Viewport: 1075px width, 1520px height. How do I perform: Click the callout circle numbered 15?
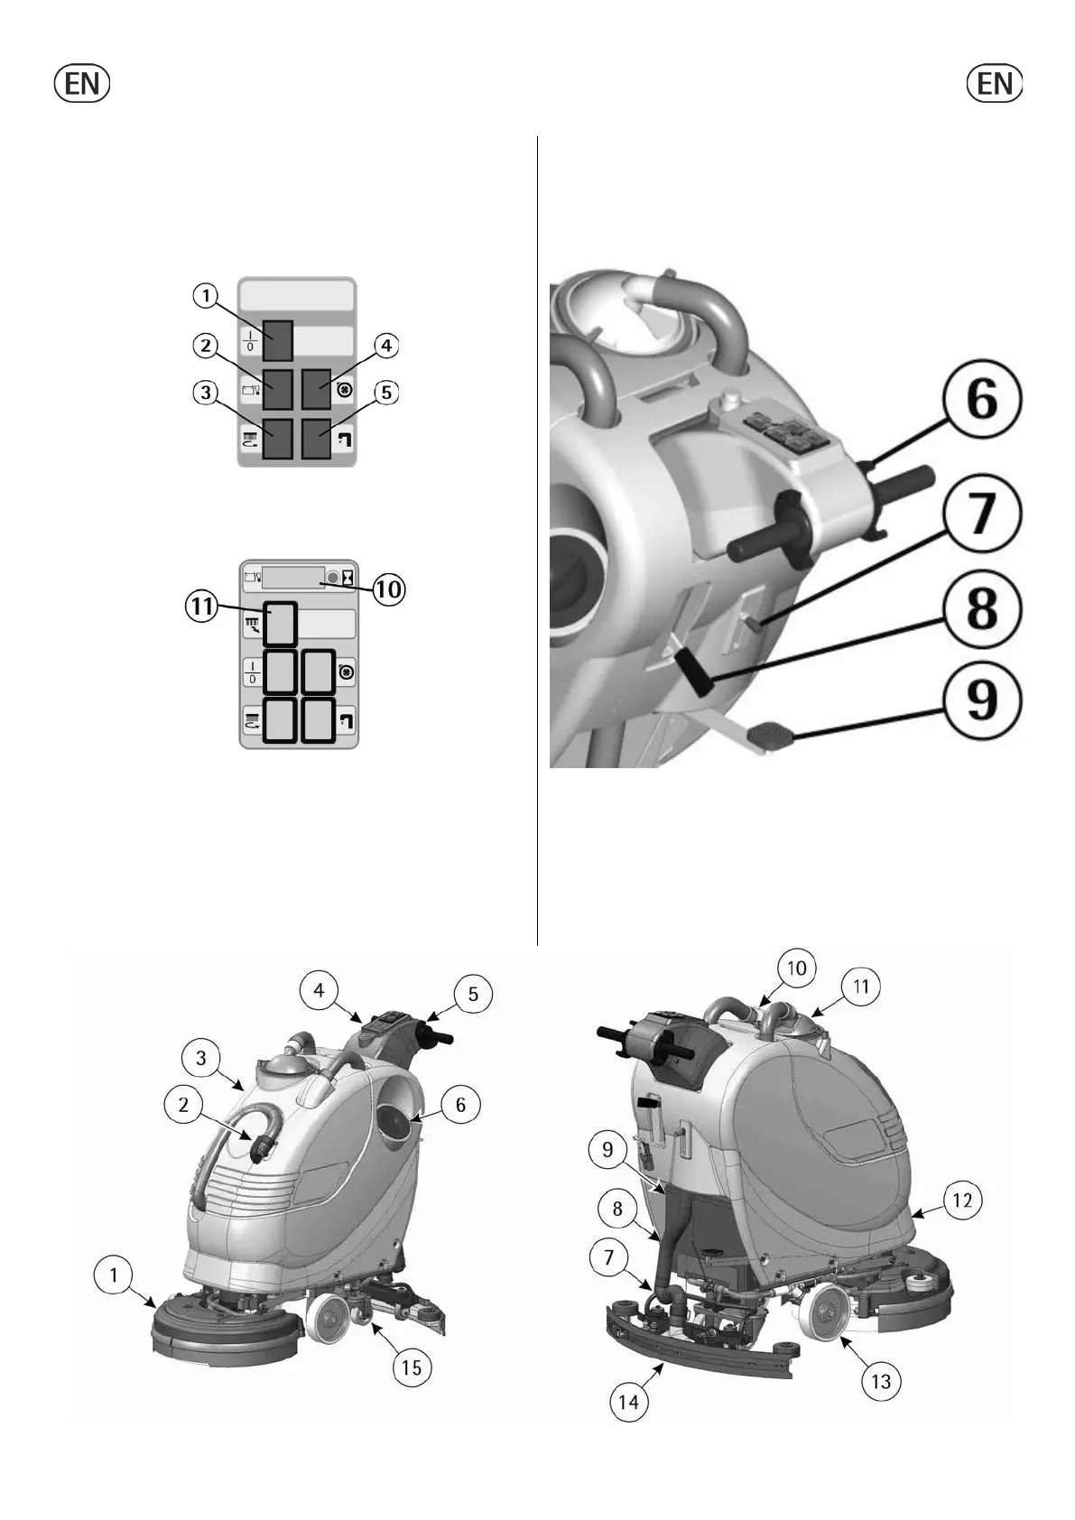pos(411,1367)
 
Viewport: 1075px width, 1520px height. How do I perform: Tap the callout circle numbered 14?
pos(628,1401)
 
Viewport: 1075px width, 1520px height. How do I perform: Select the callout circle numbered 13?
pos(880,1381)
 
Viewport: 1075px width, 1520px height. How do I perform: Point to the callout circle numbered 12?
pos(962,1200)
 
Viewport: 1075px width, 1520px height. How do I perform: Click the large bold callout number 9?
pos(982,701)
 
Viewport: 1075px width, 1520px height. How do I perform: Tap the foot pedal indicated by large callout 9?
pos(767,733)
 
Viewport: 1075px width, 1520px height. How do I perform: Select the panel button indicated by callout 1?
pos(278,340)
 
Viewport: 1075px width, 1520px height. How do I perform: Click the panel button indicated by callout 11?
pos(280,624)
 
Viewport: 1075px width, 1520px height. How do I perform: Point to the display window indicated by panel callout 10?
pos(292,578)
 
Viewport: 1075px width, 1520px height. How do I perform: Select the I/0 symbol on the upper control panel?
pos(250,340)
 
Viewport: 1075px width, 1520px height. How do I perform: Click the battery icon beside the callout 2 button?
pos(250,390)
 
